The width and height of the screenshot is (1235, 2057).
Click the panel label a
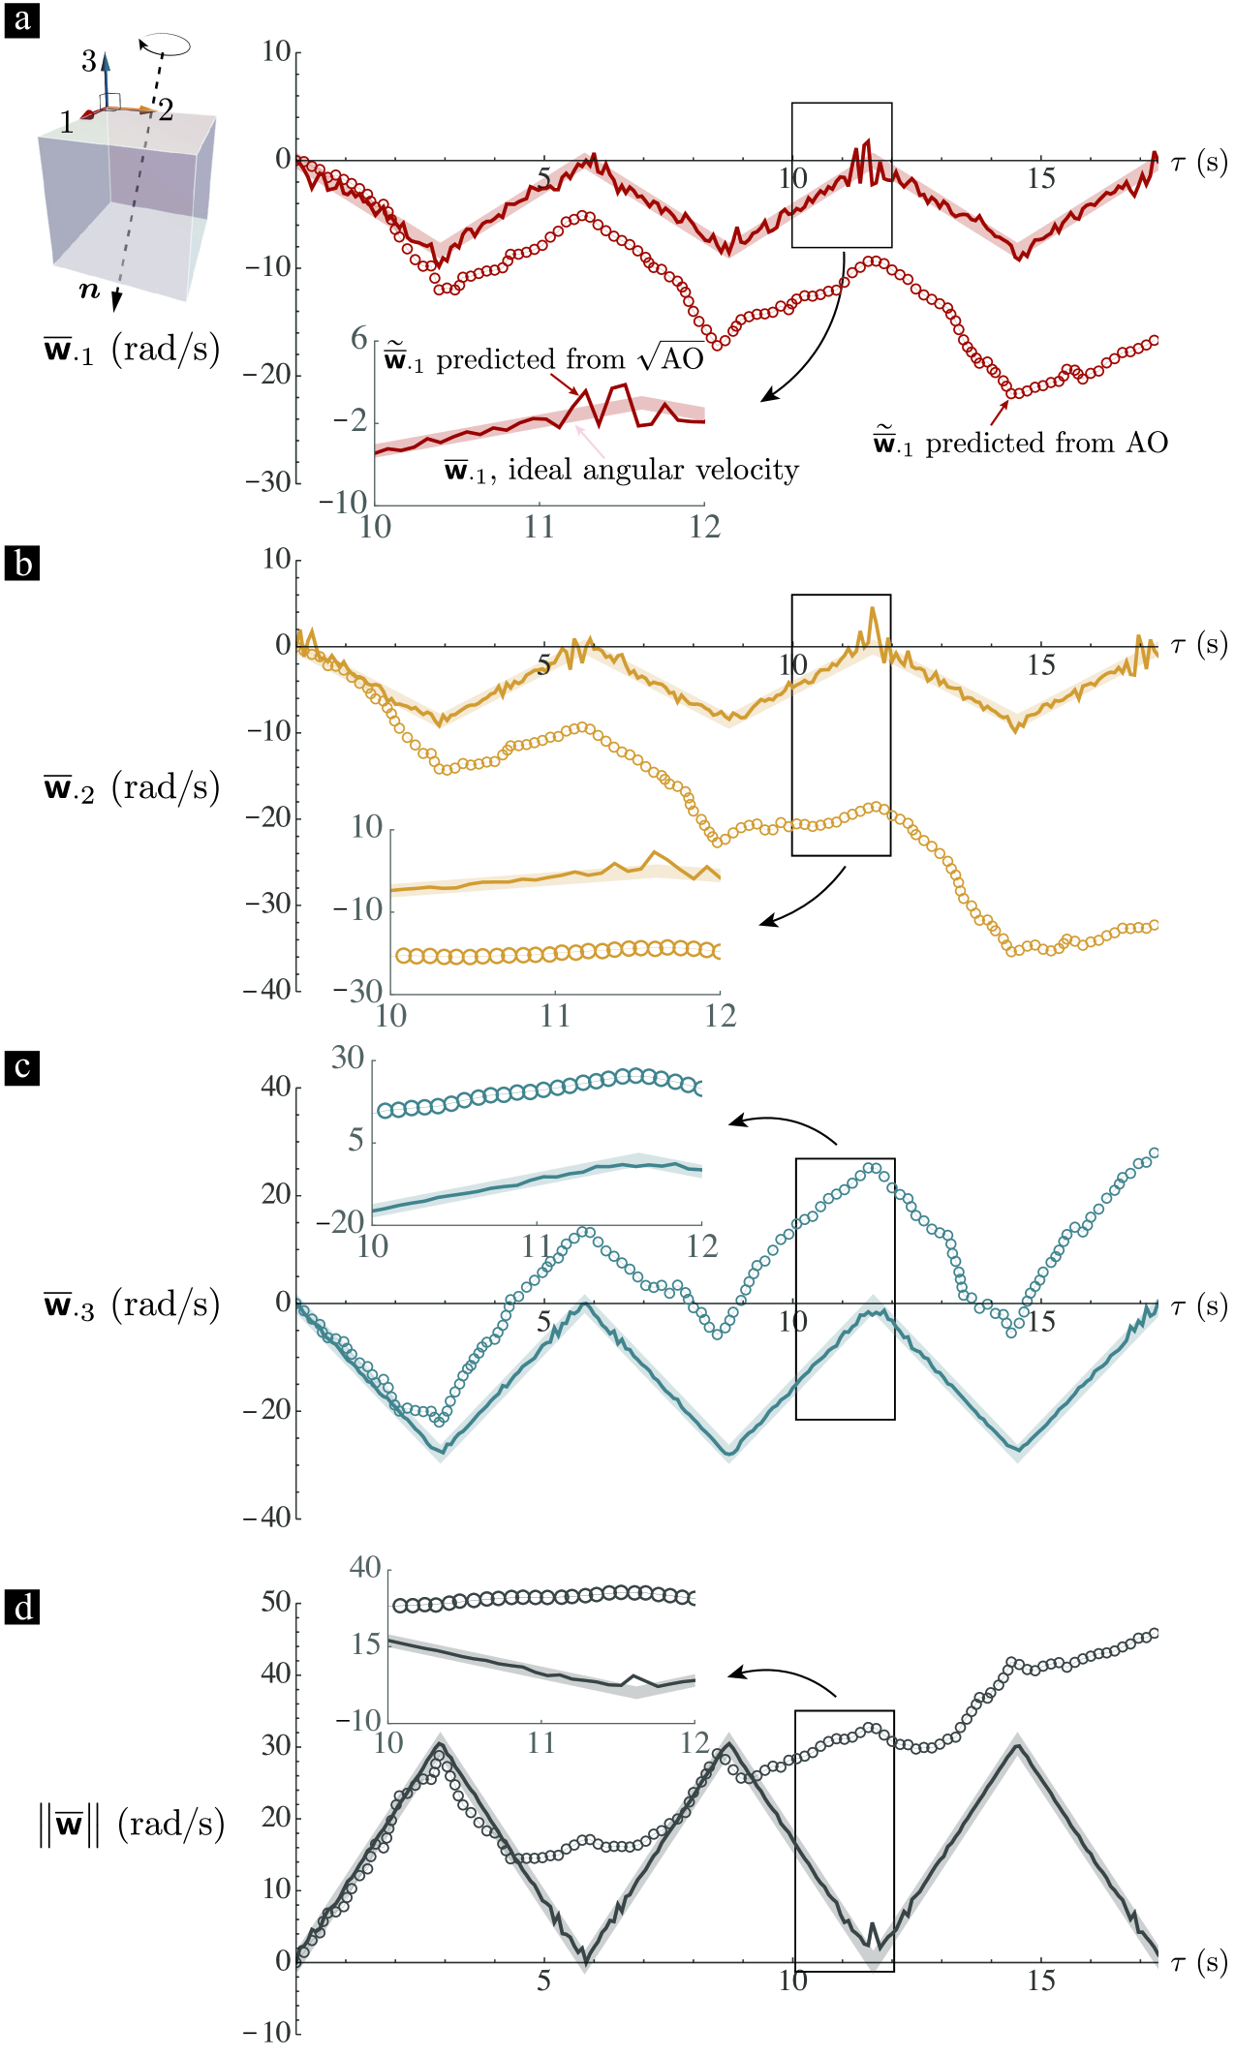coord(22,19)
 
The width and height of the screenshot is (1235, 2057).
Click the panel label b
coord(22,564)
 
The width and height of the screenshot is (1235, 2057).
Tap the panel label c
coord(22,1067)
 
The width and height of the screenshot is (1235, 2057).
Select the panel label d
coord(22,1608)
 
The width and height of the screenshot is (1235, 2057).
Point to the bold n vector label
coord(89,290)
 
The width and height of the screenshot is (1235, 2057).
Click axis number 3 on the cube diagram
coord(88,62)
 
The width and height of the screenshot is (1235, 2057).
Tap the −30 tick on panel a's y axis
coord(268,481)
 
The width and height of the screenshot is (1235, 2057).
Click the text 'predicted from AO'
coord(1046,444)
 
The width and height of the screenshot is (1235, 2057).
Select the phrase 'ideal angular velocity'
coord(654,471)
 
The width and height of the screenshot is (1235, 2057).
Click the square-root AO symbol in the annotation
coord(671,359)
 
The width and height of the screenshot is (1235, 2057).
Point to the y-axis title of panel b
coord(132,788)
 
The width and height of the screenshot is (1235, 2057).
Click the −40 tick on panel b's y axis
coord(268,990)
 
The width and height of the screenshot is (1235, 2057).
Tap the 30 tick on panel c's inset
coord(348,1058)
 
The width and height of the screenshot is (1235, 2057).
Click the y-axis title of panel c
coord(132,1305)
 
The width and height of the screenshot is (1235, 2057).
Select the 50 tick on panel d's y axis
coord(276,1602)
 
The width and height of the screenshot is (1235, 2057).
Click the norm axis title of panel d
coord(132,1825)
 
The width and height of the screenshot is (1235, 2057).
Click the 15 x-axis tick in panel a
coord(1040,178)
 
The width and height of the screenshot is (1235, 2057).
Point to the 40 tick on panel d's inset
coord(365,1567)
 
